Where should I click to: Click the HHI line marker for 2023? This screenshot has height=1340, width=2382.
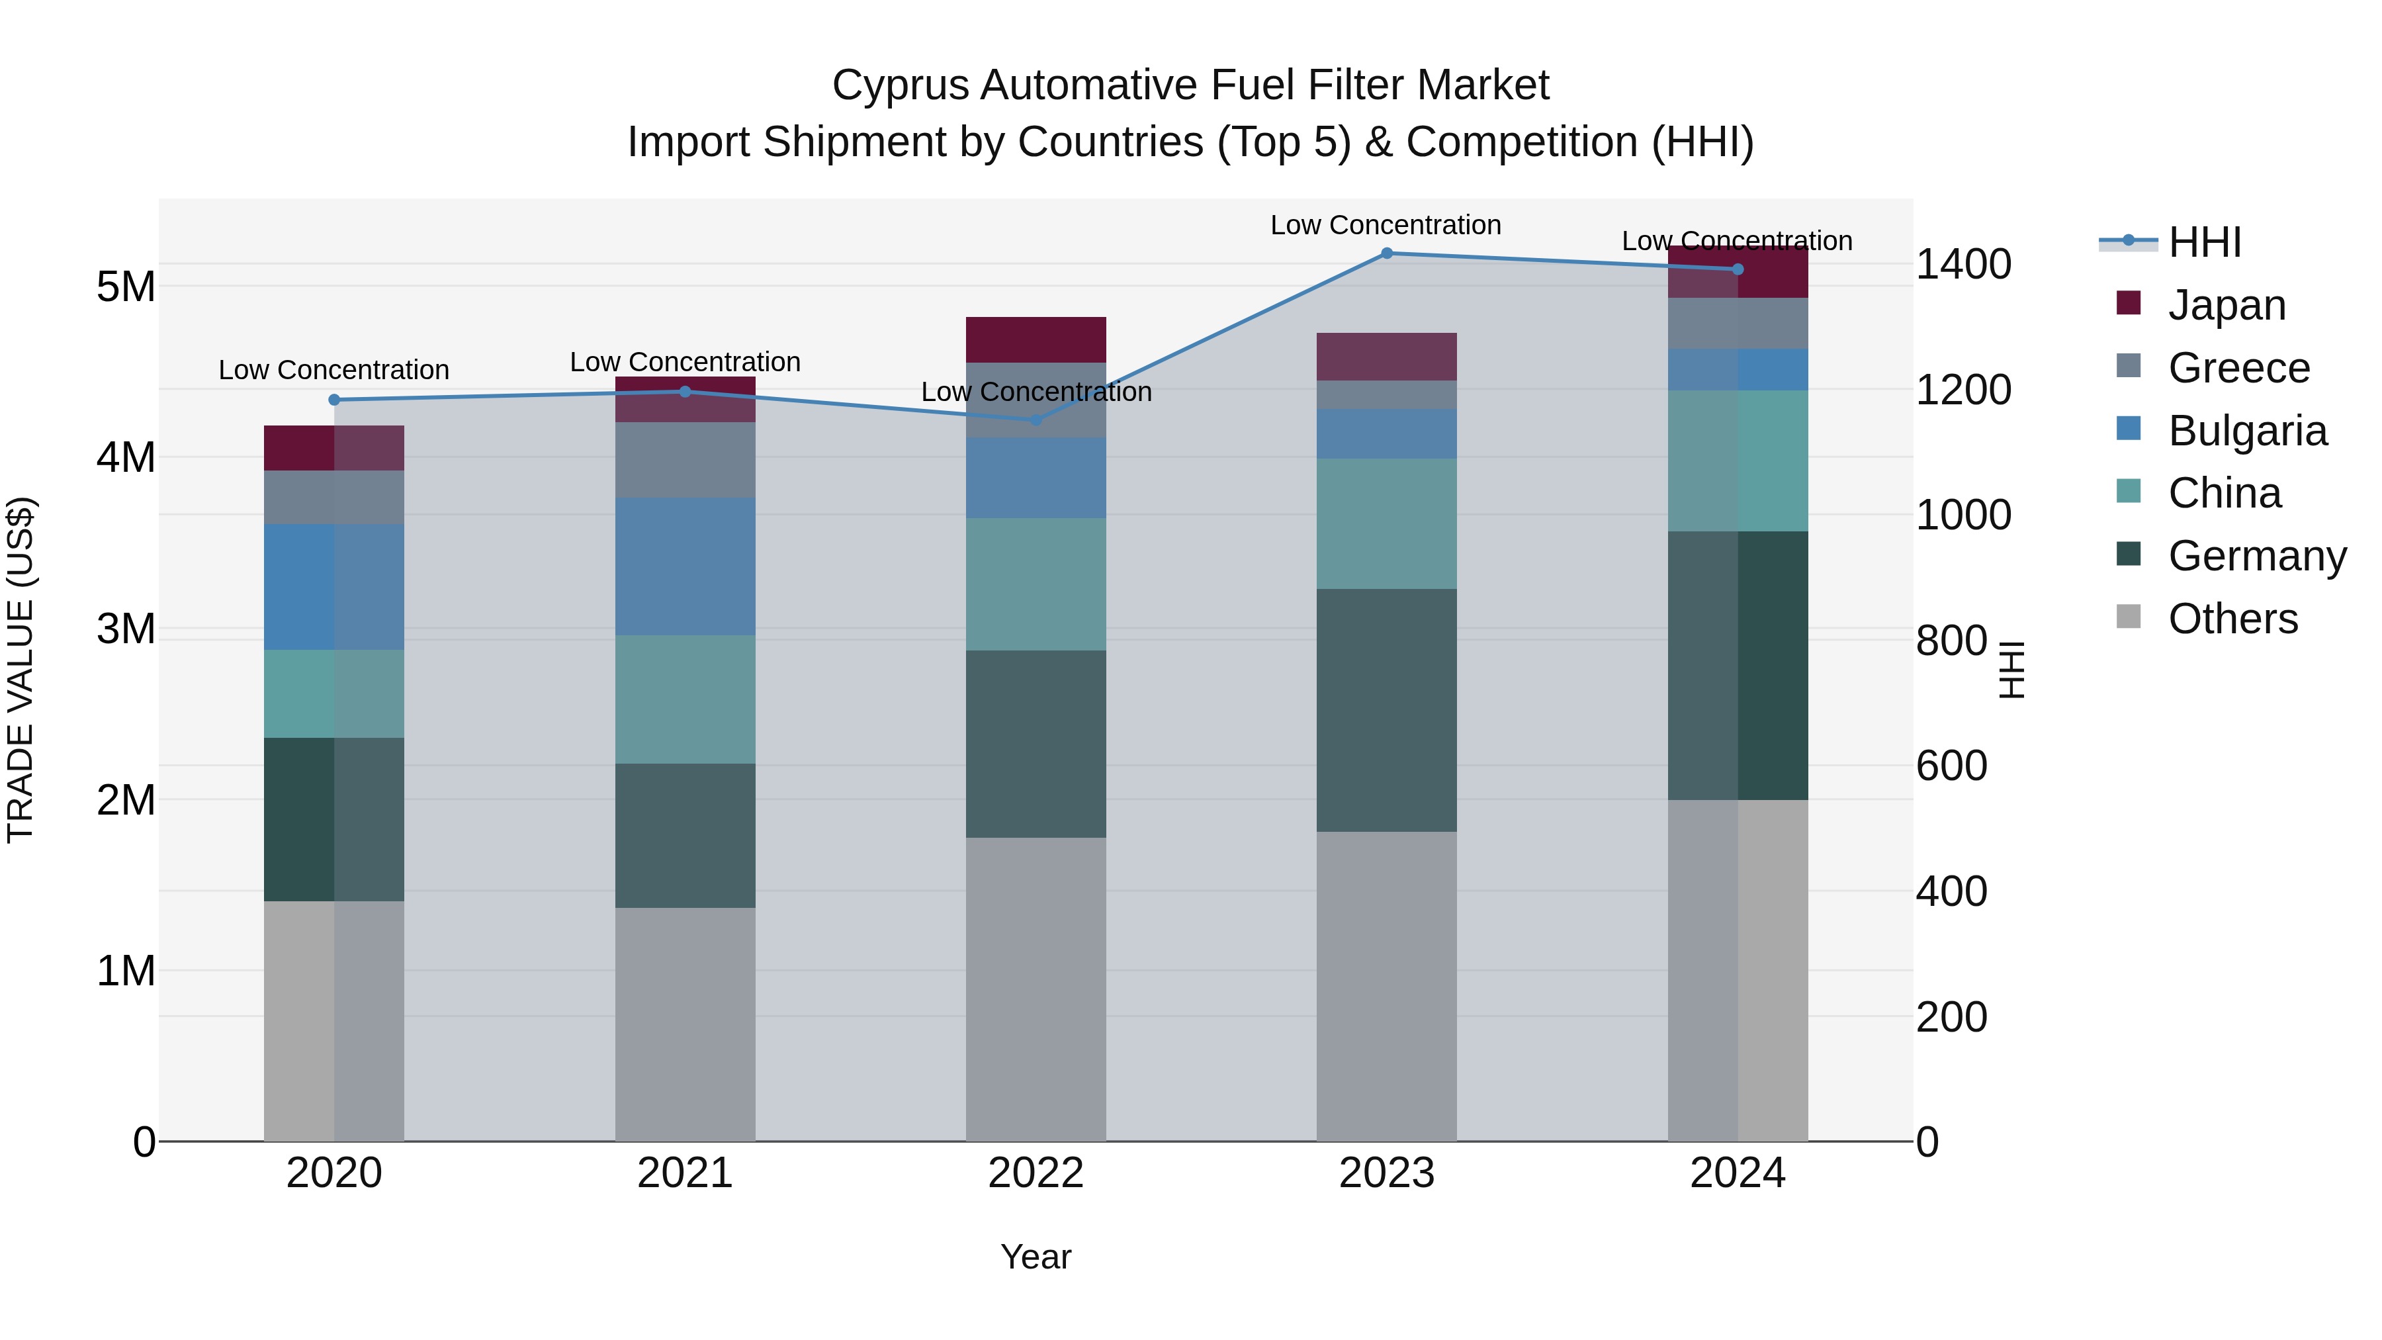click(1386, 253)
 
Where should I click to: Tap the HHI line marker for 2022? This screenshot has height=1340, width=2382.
click(1036, 420)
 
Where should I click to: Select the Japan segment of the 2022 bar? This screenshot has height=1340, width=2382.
click(1036, 339)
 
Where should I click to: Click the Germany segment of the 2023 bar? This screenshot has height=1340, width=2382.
click(1386, 709)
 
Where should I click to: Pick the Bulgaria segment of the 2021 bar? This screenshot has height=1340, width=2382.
click(685, 566)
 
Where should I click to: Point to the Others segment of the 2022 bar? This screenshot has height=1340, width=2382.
click(1036, 989)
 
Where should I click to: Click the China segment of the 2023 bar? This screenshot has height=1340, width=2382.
click(1386, 523)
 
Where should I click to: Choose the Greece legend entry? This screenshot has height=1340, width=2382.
click(2238, 368)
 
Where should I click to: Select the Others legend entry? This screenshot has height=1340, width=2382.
click(2232, 619)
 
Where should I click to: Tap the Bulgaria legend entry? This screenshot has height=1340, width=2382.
click(2247, 431)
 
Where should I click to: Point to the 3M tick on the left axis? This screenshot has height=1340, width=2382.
click(126, 629)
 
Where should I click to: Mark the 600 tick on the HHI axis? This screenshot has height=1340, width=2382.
click(1951, 766)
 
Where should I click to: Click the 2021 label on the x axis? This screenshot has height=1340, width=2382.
click(685, 1173)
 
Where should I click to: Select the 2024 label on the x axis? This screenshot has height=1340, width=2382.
click(1738, 1173)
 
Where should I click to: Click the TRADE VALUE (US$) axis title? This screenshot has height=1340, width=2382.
click(21, 670)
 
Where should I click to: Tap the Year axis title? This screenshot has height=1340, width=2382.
click(1036, 1257)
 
